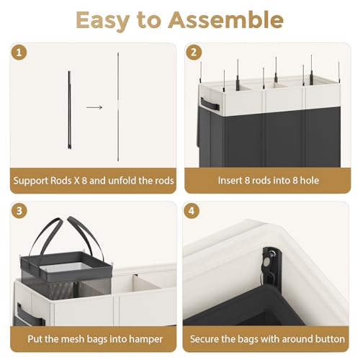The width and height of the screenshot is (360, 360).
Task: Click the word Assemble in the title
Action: point(225,20)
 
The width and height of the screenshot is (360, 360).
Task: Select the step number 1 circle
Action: point(19,53)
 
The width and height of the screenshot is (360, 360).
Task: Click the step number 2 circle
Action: point(194,53)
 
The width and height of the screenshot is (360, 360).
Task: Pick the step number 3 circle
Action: point(19,211)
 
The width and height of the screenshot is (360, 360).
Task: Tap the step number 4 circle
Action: point(192,211)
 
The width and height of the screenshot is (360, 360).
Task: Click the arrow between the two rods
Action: point(94,107)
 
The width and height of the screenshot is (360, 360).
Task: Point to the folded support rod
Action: point(69,110)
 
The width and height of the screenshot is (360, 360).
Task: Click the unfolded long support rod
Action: point(118,107)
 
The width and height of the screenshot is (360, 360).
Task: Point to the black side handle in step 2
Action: point(210,104)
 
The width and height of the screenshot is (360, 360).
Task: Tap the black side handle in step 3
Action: point(28,314)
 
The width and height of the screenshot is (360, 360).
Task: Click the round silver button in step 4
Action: point(266,263)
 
